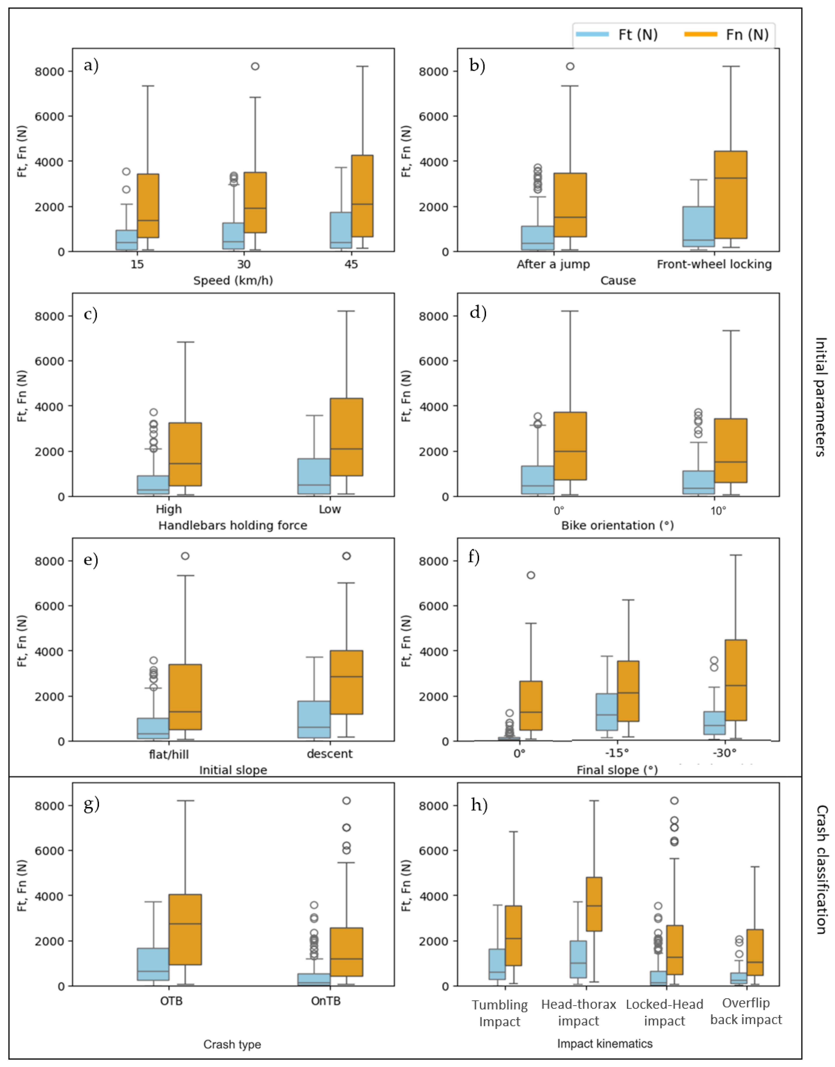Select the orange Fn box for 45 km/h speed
(362, 196)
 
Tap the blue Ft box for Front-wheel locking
(699, 227)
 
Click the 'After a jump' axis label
(553, 264)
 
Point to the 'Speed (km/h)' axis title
(233, 281)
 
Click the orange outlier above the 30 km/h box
(255, 67)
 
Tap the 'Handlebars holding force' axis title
(233, 526)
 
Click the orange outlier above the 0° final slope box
(531, 575)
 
